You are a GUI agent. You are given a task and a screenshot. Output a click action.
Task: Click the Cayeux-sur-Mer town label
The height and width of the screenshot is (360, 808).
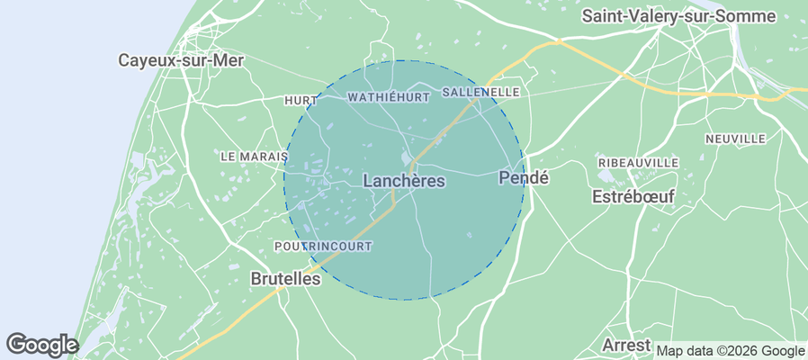(x=182, y=60)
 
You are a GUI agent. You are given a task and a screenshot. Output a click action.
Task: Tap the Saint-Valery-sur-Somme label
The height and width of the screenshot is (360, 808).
(x=678, y=15)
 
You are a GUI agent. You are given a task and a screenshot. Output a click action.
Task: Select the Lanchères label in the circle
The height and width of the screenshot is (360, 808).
(x=404, y=181)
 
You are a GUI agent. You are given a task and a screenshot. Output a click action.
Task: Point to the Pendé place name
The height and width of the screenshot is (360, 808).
(x=523, y=178)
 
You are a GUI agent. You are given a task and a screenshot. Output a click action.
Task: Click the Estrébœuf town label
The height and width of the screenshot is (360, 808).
(x=633, y=197)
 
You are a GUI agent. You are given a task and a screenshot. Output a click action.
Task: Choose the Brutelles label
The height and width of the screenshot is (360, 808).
(x=284, y=279)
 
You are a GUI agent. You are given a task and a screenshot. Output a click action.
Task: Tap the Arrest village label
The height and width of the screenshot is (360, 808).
(x=626, y=346)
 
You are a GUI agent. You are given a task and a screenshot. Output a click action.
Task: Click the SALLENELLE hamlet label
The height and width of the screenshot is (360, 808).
(x=482, y=92)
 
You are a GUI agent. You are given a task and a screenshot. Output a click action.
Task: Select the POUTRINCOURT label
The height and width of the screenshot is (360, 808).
(x=322, y=246)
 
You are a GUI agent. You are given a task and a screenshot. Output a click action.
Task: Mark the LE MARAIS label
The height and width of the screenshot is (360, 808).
(x=254, y=156)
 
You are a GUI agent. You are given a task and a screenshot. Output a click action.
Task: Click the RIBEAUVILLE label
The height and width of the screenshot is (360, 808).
(x=638, y=162)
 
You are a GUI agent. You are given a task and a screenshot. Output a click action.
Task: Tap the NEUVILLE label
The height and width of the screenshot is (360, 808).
(x=735, y=139)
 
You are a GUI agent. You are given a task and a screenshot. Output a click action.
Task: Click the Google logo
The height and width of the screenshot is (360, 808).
(x=42, y=344)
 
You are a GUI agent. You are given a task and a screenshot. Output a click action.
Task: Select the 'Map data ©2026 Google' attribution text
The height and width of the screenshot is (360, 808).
(x=731, y=351)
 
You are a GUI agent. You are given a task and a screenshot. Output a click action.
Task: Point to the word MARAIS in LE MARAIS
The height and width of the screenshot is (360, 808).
(x=264, y=156)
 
